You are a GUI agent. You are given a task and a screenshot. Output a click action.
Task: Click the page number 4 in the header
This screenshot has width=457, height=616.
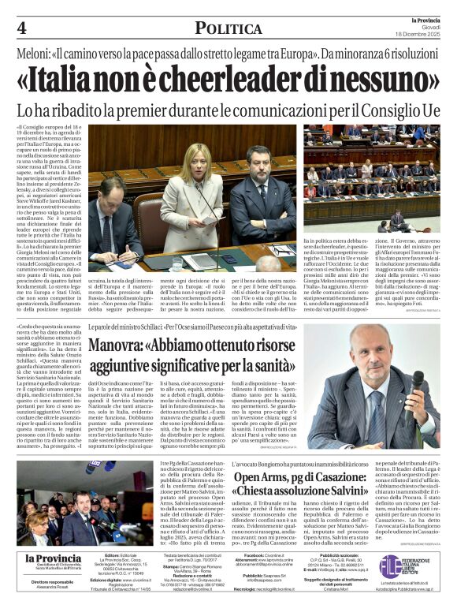tap(21, 28)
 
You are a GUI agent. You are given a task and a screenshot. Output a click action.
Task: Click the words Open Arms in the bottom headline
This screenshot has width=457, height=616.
tap(265, 478)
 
